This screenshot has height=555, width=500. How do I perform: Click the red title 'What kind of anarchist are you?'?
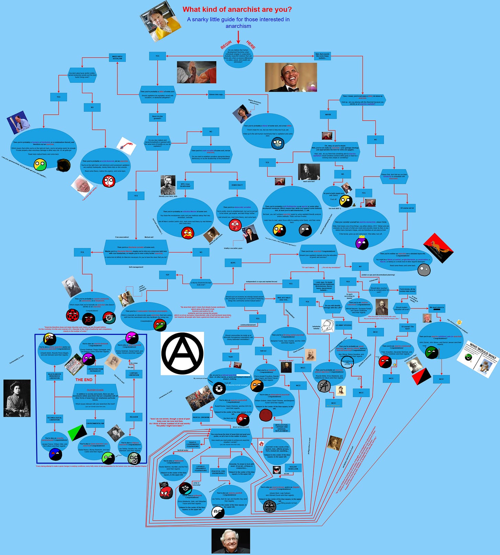coord(237,9)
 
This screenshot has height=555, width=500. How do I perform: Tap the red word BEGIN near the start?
coord(226,45)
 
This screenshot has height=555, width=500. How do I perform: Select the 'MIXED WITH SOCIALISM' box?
coord(117,57)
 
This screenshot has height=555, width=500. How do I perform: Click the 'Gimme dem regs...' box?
coord(216,94)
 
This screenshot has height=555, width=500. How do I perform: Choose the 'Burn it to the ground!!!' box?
coord(158,117)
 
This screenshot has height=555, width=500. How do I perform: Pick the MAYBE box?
coord(328,114)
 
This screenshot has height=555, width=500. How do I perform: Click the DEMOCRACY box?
coord(237,185)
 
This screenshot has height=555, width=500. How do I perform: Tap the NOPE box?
coord(233,263)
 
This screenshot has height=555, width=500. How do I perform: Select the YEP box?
coord(167,275)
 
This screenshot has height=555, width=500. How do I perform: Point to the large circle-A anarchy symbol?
coord(182,353)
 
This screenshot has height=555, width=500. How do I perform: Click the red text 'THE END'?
coord(84,380)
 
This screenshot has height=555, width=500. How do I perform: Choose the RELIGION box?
coord(134,417)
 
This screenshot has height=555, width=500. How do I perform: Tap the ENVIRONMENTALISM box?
coord(95,423)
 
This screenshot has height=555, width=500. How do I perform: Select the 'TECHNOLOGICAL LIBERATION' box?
coord(55,419)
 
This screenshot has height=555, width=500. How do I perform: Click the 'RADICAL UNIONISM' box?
coord(201,418)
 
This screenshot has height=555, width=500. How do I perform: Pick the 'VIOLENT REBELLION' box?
coord(293,468)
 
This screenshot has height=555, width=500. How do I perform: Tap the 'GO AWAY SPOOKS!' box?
coord(343,325)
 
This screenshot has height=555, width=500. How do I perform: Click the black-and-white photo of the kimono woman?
coord(17,398)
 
